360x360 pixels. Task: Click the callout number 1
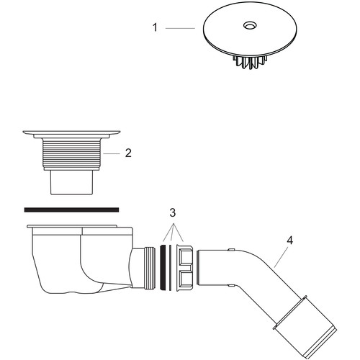(x=155, y=27)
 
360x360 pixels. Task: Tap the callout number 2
(x=128, y=153)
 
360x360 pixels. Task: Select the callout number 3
(x=173, y=212)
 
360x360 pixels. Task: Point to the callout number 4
(x=290, y=240)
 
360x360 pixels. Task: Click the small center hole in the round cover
(x=250, y=25)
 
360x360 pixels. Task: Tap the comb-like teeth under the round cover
(x=250, y=62)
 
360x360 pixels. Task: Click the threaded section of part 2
(x=72, y=153)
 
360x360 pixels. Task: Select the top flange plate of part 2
(x=71, y=132)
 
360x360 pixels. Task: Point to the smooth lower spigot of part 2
(x=72, y=182)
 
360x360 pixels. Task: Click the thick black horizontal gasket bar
(x=71, y=210)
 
